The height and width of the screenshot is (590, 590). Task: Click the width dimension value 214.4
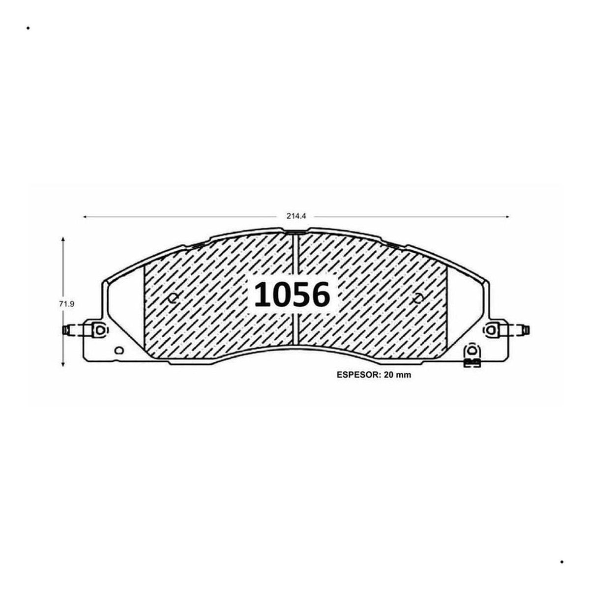point(296,216)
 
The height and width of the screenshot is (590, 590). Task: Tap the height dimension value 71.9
point(67,304)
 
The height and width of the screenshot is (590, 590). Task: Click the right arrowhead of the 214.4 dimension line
point(506,217)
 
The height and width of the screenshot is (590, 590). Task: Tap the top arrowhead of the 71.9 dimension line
point(63,239)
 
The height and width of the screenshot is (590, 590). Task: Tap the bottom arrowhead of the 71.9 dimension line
point(63,364)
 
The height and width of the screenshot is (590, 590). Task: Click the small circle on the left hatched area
point(173,298)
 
